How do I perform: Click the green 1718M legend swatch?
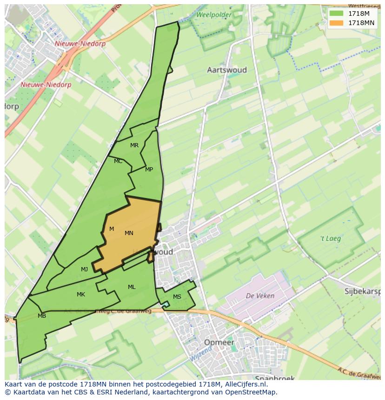(x=336, y=13)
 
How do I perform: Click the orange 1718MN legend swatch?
(x=336, y=23)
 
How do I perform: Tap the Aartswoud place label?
(x=226, y=70)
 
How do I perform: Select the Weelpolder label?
(x=213, y=15)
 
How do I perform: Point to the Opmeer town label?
(x=219, y=342)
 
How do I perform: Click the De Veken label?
(x=260, y=295)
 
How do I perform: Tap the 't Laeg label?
(x=331, y=239)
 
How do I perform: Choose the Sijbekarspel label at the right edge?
(x=362, y=292)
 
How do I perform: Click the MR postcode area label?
(x=134, y=145)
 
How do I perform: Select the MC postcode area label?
(x=118, y=161)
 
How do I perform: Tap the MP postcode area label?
(x=149, y=170)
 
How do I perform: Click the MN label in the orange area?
(x=129, y=233)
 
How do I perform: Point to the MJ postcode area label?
(x=84, y=269)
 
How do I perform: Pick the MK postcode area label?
(x=81, y=295)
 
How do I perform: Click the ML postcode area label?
(x=132, y=287)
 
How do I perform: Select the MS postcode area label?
(x=177, y=297)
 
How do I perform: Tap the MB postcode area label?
(x=42, y=316)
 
